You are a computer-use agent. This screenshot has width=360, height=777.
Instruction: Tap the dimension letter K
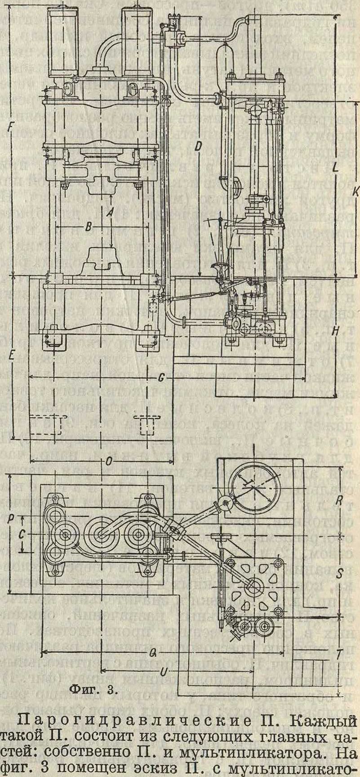[x=355, y=192]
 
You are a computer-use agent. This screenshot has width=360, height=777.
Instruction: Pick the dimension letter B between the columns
[x=88, y=228]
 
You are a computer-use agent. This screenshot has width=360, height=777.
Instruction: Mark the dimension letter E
[x=10, y=355]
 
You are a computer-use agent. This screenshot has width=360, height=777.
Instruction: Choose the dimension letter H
[x=335, y=331]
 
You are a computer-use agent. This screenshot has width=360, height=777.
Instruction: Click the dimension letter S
[x=340, y=574]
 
